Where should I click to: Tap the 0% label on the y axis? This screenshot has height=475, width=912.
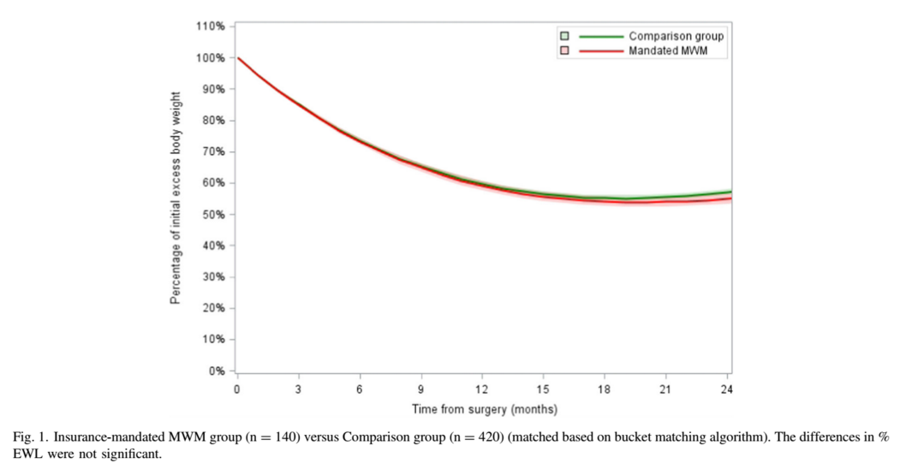coord(218,371)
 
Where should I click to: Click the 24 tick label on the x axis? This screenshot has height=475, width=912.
coord(728,390)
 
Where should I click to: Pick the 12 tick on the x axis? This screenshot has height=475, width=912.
coord(482,390)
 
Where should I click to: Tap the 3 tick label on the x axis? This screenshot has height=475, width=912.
coord(299,390)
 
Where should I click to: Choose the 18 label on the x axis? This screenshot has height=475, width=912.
coord(605,390)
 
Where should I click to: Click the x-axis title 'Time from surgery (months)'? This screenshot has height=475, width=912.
coord(484,409)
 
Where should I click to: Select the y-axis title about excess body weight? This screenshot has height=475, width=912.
coord(176,197)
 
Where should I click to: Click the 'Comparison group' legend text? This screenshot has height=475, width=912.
coord(676,37)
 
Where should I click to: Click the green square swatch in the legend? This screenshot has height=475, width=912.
coord(564,37)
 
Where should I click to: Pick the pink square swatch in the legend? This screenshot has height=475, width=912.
coord(564,51)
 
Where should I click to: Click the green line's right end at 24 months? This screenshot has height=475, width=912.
coord(730,192)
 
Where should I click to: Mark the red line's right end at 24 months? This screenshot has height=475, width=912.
coord(730,199)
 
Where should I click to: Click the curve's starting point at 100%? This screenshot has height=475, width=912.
coord(238,58)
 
